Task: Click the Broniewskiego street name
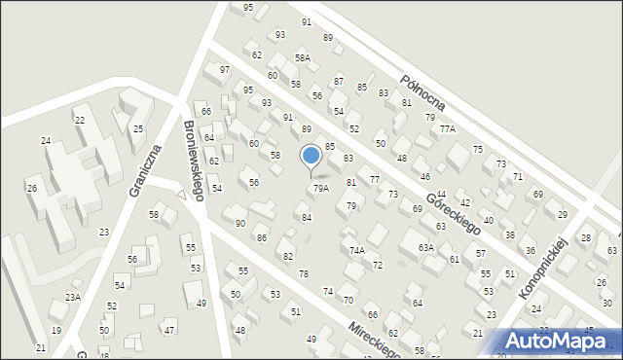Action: pyautogui.click(x=193, y=160)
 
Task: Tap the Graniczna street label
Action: pyautogui.click(x=143, y=167)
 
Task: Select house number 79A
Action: pyautogui.click(x=320, y=188)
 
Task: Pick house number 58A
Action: pyautogui.click(x=303, y=58)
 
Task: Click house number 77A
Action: pyautogui.click(x=447, y=128)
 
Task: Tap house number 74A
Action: pyautogui.click(x=356, y=250)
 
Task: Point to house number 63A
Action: pyautogui.click(x=425, y=247)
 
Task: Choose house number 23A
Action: pyautogui.click(x=72, y=298)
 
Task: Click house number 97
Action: pyautogui.click(x=225, y=69)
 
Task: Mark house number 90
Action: pyautogui.click(x=239, y=224)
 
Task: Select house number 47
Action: pyautogui.click(x=169, y=331)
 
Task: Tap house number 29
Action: pyautogui.click(x=562, y=214)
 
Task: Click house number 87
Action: pyautogui.click(x=339, y=81)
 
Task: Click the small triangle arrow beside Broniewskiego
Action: pyautogui.click(x=180, y=195)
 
